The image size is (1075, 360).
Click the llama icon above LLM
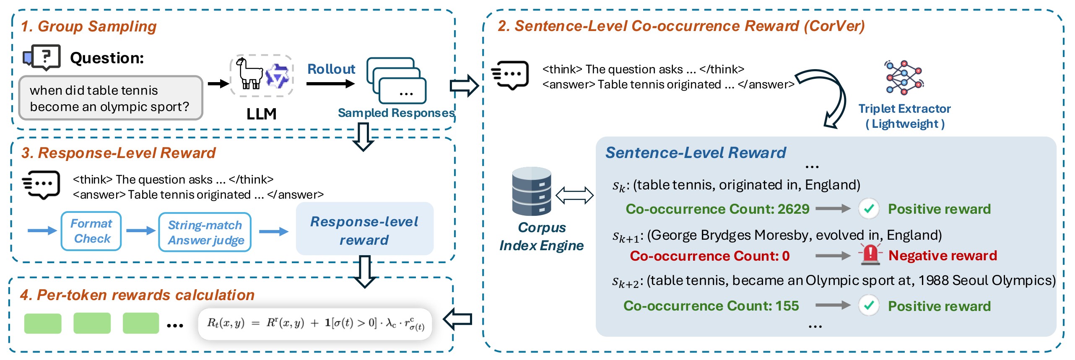(x=249, y=74)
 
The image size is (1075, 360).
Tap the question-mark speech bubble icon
(x=42, y=57)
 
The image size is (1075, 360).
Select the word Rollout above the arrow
(x=331, y=69)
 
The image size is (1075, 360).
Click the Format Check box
(x=91, y=231)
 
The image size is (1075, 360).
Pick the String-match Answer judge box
(x=205, y=232)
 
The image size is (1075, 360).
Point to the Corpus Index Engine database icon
(x=532, y=191)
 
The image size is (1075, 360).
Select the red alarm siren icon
(x=870, y=254)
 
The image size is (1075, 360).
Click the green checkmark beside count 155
(x=869, y=306)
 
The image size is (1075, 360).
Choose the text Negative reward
(x=943, y=255)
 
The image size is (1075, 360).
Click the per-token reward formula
(x=315, y=324)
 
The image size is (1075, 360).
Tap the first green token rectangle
(x=43, y=324)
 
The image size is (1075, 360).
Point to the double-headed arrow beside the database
(x=574, y=195)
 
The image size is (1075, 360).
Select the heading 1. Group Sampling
(x=88, y=26)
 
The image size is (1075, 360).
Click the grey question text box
(x=111, y=98)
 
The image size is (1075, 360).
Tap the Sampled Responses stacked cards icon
(x=396, y=81)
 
